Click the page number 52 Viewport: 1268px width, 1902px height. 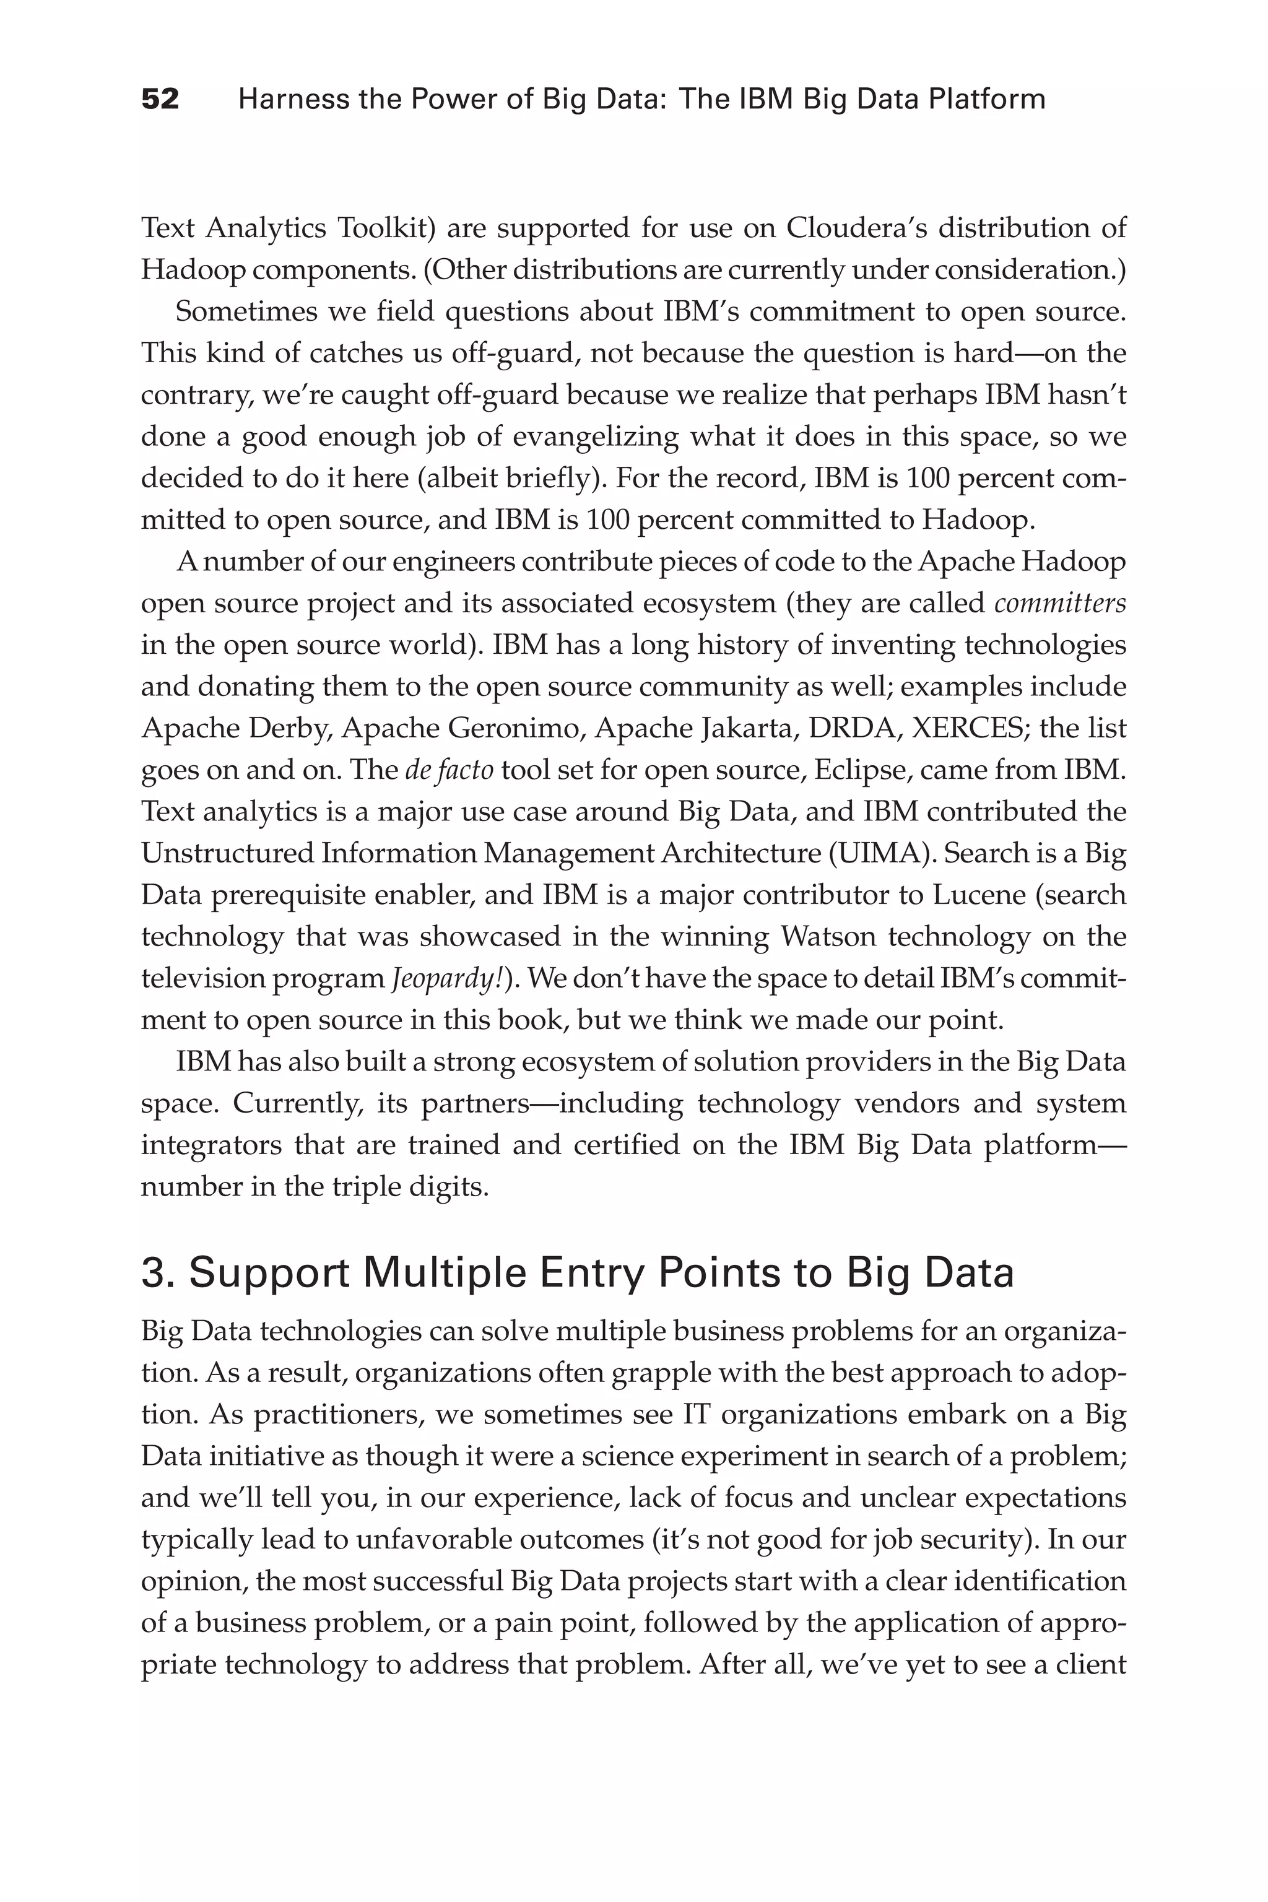(160, 100)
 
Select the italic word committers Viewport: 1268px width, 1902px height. (1059, 603)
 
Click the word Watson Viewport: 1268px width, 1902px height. (828, 936)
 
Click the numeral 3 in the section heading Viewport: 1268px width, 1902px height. (152, 1273)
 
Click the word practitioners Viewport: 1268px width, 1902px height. (338, 1414)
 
